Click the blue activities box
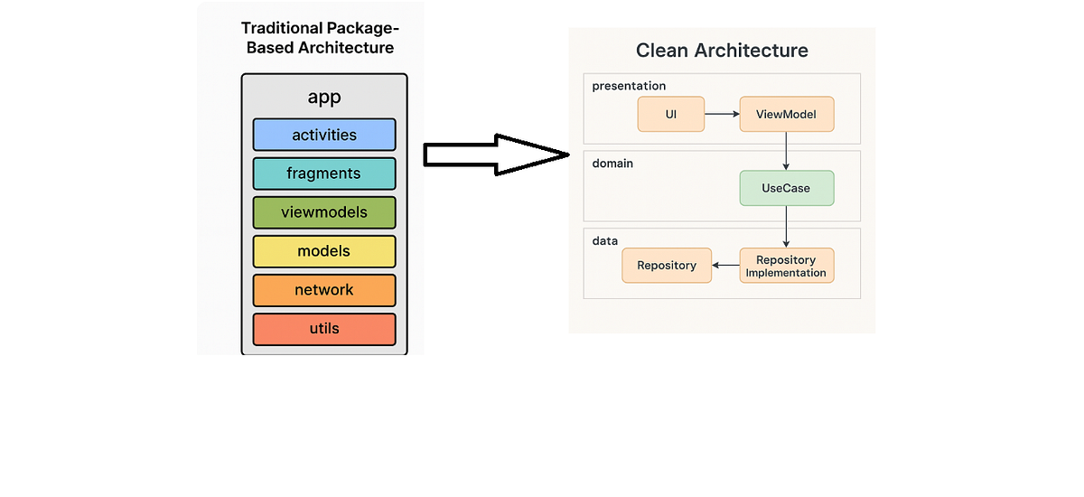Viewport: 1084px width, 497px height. tap(324, 135)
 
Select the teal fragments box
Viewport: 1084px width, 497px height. tap(324, 173)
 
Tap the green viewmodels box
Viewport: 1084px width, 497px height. tap(324, 212)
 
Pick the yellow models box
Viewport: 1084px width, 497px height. tap(324, 251)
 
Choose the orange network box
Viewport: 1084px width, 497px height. tap(324, 290)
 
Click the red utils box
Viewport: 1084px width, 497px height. tap(324, 329)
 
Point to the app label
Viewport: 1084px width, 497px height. tap(324, 98)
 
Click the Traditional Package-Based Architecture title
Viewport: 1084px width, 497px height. tap(321, 38)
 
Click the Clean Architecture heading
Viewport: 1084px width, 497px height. tap(722, 50)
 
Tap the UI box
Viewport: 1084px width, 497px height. tap(670, 115)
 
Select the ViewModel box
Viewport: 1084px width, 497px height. tap(786, 115)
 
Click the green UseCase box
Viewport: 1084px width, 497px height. tap(786, 188)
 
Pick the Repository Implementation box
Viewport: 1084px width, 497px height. tap(786, 266)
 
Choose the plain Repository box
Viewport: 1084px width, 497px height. tap(667, 266)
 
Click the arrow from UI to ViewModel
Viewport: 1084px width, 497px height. tap(722, 115)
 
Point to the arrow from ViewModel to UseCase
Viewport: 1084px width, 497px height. tap(786, 151)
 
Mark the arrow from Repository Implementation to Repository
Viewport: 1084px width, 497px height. tap(725, 266)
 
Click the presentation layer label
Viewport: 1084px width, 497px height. tap(629, 86)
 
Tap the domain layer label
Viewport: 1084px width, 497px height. tap(613, 163)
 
